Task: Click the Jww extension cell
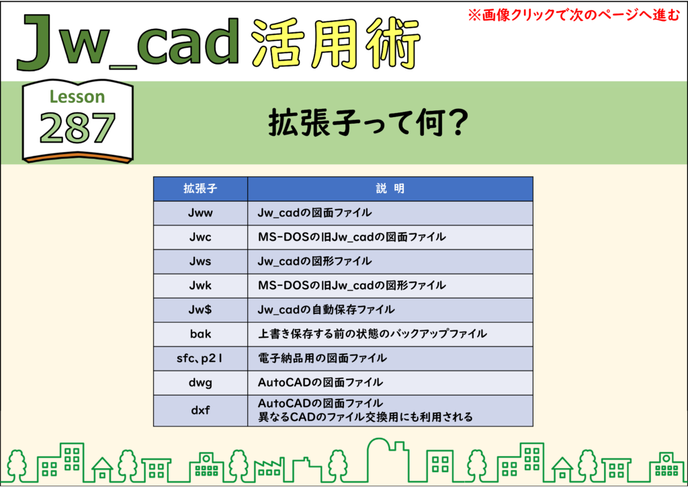coord(200,213)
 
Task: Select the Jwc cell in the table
coord(200,237)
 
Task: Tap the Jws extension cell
coord(200,261)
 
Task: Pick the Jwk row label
coord(200,285)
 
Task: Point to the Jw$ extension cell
coord(200,309)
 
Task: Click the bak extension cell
coord(200,334)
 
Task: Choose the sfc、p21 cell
coord(200,359)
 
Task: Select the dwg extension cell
coord(200,383)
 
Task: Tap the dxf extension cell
coord(200,410)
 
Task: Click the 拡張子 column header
coord(200,189)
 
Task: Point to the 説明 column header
coord(390,189)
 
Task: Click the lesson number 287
coord(77,128)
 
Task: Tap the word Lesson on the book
coord(77,97)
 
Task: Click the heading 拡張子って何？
coord(368,123)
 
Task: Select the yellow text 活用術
coord(336,44)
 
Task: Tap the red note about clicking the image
coord(574,15)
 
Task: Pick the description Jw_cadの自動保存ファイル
coord(326,309)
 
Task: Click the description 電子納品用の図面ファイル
coord(322,359)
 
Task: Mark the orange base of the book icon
coord(78,157)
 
